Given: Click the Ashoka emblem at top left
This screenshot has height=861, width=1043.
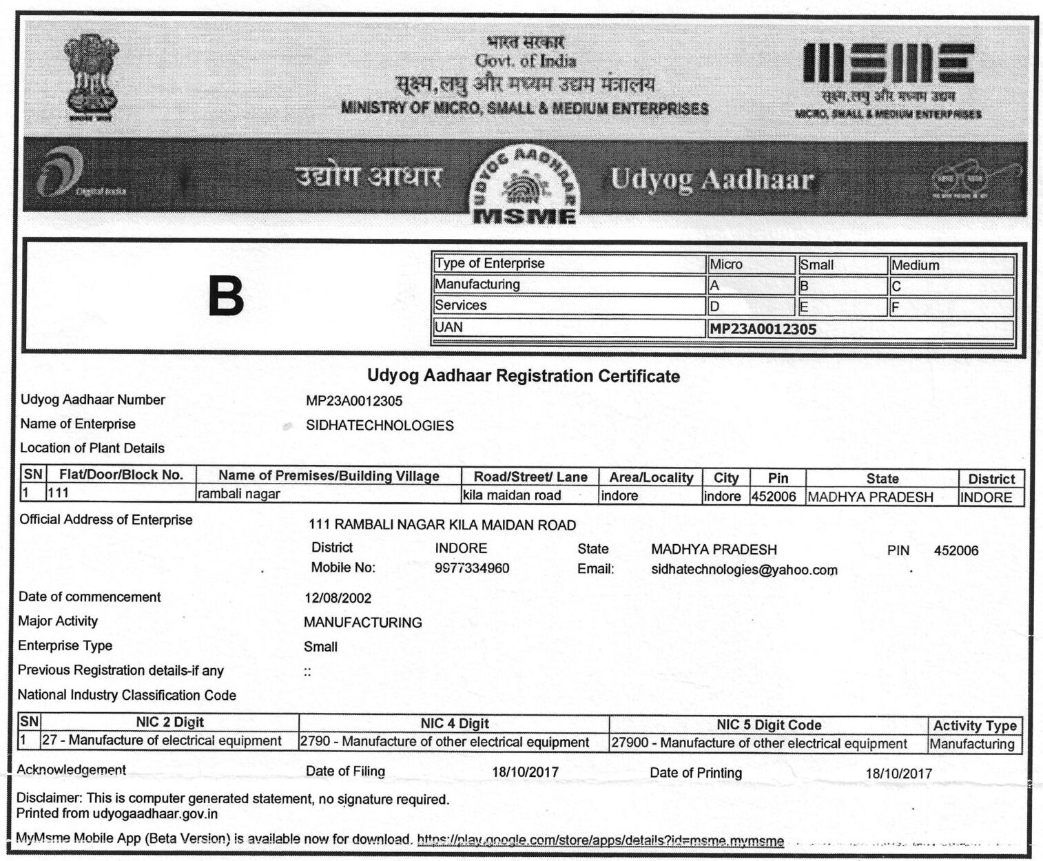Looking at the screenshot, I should (91, 77).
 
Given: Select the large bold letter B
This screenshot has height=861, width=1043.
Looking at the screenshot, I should (226, 298).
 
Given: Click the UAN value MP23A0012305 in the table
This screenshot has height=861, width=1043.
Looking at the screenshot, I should (763, 329).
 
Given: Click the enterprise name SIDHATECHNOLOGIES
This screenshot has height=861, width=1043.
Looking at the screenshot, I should (380, 426).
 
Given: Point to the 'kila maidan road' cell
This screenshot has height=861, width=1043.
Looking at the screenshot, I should (512, 495).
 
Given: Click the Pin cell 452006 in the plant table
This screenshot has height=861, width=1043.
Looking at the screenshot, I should (774, 497).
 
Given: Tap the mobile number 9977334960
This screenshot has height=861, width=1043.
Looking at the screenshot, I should (472, 569).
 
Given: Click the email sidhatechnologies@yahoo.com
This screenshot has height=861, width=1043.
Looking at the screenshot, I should (744, 570).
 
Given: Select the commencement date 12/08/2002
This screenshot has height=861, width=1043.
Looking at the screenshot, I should (338, 599).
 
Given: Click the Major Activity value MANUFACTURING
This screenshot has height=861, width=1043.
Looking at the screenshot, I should (362, 623).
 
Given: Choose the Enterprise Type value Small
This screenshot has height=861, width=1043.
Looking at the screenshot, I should (320, 647).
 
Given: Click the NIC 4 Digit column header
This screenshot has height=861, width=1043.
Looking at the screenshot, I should (454, 724).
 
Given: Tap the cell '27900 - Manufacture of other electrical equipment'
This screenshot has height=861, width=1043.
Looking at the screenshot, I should (759, 744).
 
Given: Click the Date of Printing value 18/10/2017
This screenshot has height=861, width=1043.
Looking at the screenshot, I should (898, 774).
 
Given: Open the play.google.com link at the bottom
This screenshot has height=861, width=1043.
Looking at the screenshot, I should (600, 841).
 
